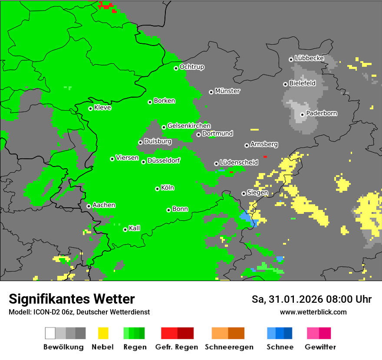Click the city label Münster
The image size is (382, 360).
point(227,91)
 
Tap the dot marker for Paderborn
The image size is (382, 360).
point(302,115)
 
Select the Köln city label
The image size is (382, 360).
point(168,188)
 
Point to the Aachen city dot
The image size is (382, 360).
point(89,206)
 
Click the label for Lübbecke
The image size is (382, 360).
point(309,58)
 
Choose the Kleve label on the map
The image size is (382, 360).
point(103,108)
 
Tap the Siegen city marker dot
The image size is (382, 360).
point(244,193)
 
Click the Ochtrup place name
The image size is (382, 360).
point(191,67)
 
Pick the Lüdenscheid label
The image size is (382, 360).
point(239,163)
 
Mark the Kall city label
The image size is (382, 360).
point(135,228)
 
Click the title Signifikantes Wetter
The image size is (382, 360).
point(72,299)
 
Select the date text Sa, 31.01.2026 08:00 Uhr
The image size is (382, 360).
point(312,299)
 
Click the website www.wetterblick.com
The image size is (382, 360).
point(313,312)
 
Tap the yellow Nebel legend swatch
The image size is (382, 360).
point(103,333)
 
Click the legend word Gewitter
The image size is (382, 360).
point(320,347)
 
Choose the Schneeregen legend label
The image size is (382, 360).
point(228,347)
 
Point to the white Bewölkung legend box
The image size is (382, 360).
point(50,333)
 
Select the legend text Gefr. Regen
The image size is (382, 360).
point(177,347)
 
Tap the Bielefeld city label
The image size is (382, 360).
point(302,83)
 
